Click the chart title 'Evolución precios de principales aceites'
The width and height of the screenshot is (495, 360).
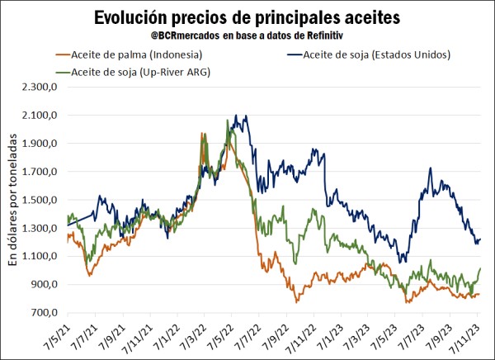pos(247,17)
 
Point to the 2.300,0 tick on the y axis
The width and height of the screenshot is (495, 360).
pos(39,87)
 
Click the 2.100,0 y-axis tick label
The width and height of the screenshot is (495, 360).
pos(39,115)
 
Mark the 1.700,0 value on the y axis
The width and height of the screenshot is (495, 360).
pos(39,172)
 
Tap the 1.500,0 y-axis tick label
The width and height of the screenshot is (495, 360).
pos(39,200)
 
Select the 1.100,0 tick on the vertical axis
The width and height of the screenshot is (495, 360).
pos(39,256)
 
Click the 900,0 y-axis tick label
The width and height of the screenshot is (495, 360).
pos(42,284)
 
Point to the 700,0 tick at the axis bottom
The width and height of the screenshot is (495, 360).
pos(42,313)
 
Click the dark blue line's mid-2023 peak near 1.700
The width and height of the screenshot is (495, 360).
pos(431,168)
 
